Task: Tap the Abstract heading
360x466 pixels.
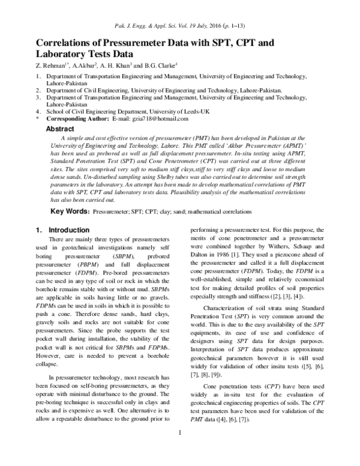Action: pyautogui.click(x=60, y=129)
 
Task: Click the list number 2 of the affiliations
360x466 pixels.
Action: pyautogui.click(x=38, y=89)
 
